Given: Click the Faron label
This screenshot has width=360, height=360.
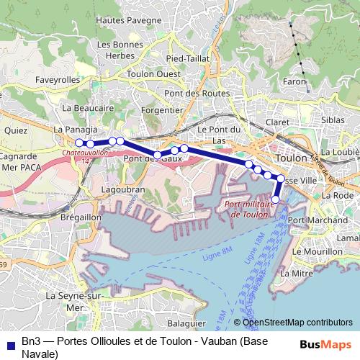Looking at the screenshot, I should point(296,82).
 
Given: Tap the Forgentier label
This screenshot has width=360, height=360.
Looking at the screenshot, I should point(162,111).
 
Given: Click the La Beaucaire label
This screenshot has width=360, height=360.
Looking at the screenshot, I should point(89,107).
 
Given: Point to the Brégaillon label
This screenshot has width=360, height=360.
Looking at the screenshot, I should point(80,217).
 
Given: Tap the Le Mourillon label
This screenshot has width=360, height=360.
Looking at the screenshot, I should point(317,252).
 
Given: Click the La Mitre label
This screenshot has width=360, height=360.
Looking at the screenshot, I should point(296,274).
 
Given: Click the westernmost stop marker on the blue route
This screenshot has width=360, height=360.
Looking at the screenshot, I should point(79,143).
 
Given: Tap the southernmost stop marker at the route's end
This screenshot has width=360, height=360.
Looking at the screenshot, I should point(276,199).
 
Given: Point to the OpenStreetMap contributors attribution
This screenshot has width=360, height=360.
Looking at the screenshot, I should point(297,323).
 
